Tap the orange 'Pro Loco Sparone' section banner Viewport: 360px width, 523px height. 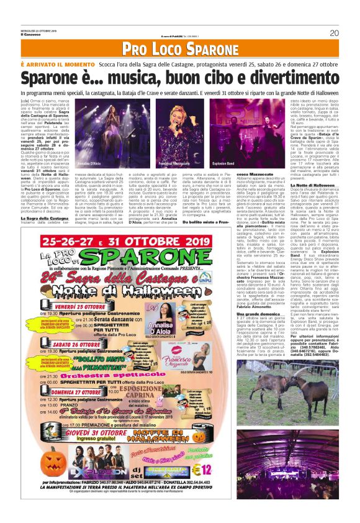(180, 49)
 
